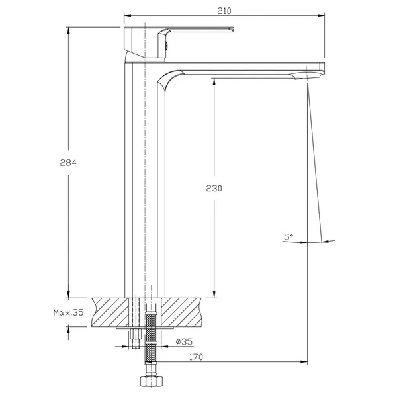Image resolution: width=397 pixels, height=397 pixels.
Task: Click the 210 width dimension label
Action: [224, 11]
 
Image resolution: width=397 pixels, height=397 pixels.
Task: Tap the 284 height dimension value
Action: [68, 163]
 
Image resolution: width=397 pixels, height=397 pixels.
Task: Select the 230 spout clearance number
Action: [214, 188]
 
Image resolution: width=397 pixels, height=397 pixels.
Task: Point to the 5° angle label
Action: [288, 237]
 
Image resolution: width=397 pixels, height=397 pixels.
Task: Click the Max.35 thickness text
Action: [68, 312]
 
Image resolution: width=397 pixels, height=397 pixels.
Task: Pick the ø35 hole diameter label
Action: [184, 342]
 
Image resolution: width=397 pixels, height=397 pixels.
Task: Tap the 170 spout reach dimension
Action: [196, 357]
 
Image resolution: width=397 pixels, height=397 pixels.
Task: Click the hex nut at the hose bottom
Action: [150, 381]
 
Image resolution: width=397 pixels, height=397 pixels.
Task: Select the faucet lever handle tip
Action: [232, 29]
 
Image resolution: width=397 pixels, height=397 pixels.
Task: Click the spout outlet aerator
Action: [307, 75]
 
